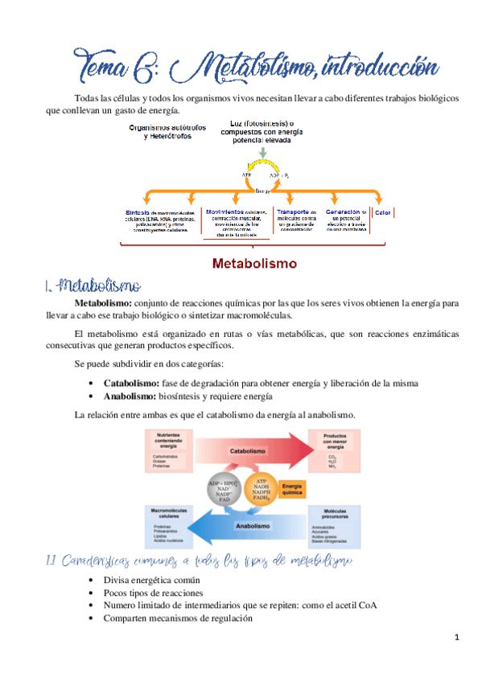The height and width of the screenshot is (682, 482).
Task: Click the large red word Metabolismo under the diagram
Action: (x=254, y=263)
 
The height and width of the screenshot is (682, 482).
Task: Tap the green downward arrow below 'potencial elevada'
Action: (x=263, y=151)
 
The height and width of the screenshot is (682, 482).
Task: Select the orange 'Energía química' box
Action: (x=293, y=488)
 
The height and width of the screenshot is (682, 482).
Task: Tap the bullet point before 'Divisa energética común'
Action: (x=96, y=580)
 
